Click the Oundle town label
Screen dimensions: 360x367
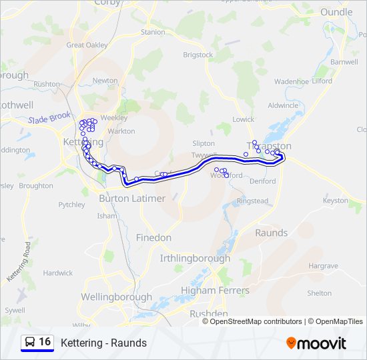click(336, 12)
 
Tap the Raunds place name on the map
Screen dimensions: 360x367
click(272, 233)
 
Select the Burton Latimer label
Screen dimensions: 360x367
click(132, 199)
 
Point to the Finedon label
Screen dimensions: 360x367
click(153, 237)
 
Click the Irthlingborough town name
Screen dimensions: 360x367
click(195, 258)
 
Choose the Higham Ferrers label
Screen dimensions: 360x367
click(215, 291)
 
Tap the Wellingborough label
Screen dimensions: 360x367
click(116, 297)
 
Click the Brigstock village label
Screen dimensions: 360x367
click(198, 55)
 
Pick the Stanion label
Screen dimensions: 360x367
click(153, 32)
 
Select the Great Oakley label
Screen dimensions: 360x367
click(87, 45)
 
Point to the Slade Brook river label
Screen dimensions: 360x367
click(49, 118)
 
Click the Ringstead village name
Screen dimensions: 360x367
click(252, 201)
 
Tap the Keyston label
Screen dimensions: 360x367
click(336, 201)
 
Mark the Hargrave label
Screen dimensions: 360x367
click(324, 265)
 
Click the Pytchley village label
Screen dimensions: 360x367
click(72, 205)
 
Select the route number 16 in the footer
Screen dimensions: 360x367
click(45, 342)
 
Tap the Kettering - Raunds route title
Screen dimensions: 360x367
click(103, 343)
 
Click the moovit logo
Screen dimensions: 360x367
click(316, 343)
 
